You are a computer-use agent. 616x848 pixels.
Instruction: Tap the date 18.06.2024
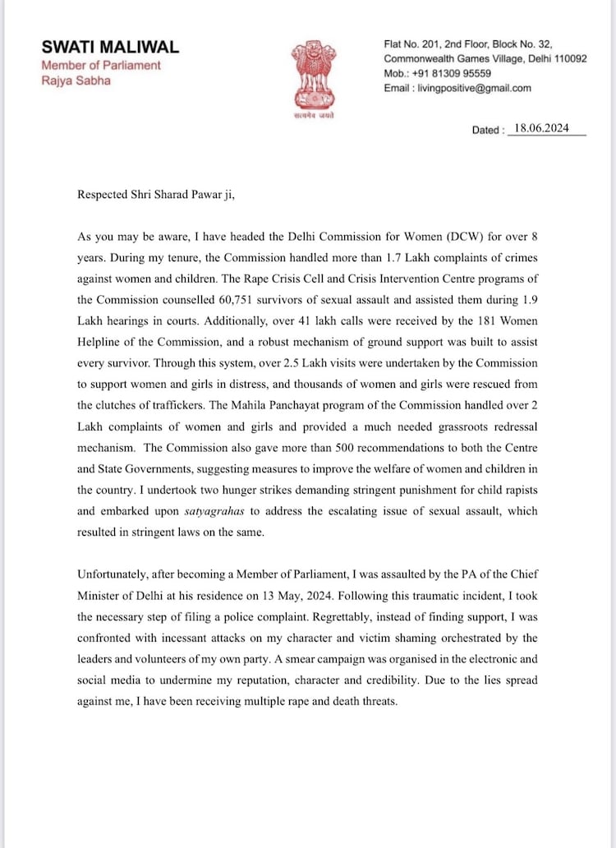540,128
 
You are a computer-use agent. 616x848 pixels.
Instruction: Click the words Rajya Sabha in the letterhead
76,81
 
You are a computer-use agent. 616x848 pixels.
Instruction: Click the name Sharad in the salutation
163,195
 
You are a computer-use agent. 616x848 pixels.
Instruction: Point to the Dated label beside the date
488,130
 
